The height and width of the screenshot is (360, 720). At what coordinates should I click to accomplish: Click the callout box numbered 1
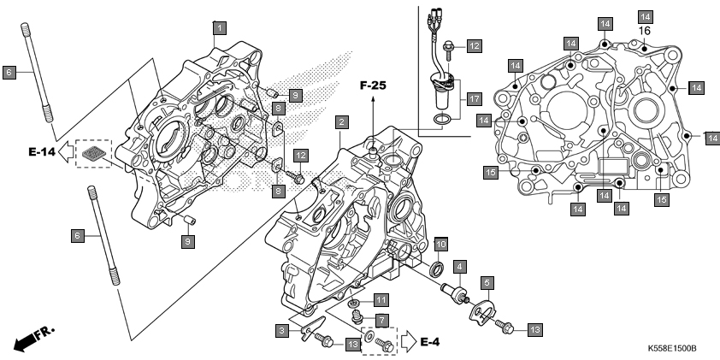(x=220, y=28)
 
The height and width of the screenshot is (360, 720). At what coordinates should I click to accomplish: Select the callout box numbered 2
(x=342, y=122)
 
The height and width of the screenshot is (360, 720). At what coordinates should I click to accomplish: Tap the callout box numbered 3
(x=282, y=331)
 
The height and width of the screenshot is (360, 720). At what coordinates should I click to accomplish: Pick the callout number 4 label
(x=460, y=266)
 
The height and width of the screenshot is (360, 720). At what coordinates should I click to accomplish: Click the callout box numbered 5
(x=487, y=283)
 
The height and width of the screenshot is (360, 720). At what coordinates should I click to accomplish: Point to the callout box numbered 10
(x=440, y=244)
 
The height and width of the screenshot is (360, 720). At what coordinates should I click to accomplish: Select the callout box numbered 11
(x=381, y=301)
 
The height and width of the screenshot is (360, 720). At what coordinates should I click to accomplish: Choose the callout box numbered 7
(x=381, y=320)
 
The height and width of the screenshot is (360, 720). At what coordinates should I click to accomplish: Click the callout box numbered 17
(x=475, y=98)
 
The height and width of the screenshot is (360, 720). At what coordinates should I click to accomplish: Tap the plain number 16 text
(x=645, y=32)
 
